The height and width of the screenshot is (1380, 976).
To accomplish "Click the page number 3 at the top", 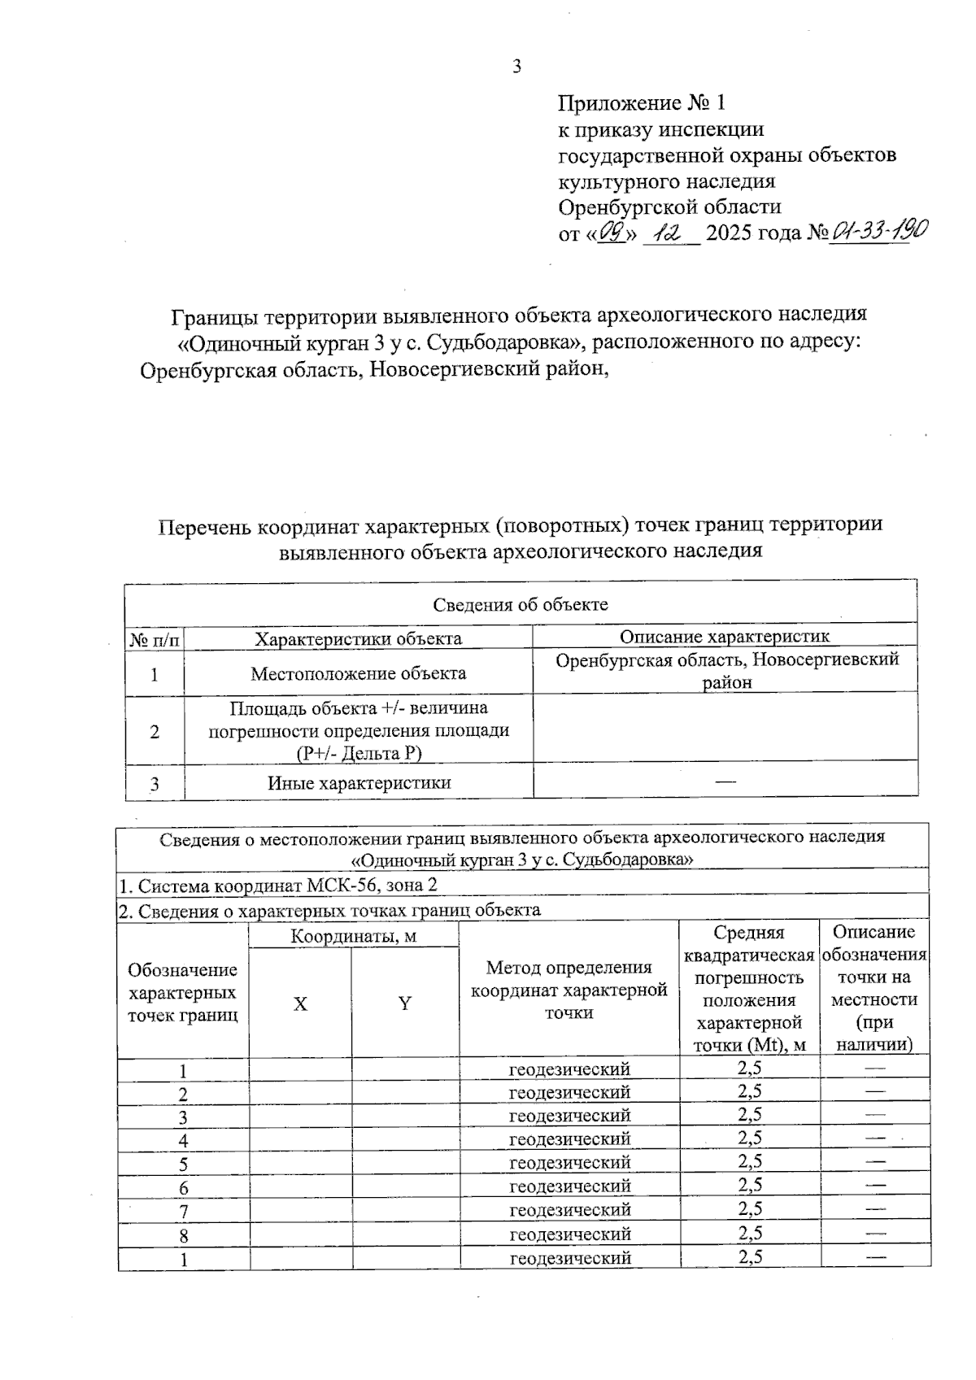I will [x=516, y=67].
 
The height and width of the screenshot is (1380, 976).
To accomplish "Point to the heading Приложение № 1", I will [x=641, y=103].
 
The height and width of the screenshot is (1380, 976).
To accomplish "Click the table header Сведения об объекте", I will [x=521, y=604].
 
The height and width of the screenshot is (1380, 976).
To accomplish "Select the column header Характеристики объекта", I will [x=358, y=638].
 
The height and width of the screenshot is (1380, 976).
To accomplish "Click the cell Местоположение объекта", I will [x=358, y=673].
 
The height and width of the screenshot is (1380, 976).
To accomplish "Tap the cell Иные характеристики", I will [x=359, y=783].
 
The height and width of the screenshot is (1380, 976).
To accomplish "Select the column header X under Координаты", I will [x=300, y=1004].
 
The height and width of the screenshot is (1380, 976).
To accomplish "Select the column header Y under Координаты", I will [x=405, y=1004].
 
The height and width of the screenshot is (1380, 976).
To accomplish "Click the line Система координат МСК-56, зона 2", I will [x=282, y=886].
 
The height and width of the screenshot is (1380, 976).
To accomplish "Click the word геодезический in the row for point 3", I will [x=569, y=1116].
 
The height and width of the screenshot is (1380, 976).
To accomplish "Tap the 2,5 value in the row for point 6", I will [x=750, y=1186].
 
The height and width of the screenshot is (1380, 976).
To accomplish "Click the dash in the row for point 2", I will [x=875, y=1091].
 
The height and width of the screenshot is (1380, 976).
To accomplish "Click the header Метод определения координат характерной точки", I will [x=569, y=990].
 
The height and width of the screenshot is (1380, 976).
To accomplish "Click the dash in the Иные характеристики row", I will [x=725, y=781].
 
